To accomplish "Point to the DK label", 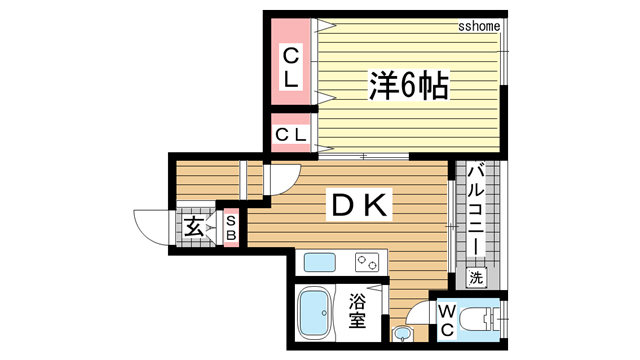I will click(x=359, y=206).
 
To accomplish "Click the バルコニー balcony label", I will click(x=477, y=211).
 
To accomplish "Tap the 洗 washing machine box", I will click(x=477, y=277).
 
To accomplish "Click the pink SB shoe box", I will click(x=230, y=227).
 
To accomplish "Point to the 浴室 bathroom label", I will click(x=356, y=312).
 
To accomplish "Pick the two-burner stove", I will click(x=366, y=264).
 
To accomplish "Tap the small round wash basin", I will click(x=402, y=334).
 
